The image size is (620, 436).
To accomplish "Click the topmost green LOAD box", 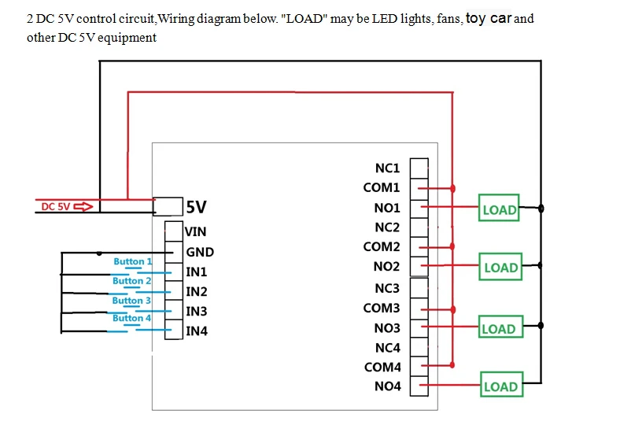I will coord(499,209).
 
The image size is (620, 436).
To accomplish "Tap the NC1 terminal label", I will coord(387,168).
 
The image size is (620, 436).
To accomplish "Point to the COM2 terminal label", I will coord(382,247).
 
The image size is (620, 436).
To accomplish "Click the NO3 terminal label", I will coord(386,327).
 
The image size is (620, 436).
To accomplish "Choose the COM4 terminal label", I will coord(382,367).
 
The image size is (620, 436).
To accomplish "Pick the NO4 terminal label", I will coord(386,386).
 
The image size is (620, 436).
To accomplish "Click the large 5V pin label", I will coord(197,207).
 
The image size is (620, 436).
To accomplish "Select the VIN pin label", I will coord(195,232).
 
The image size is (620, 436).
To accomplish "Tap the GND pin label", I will coord(200,253).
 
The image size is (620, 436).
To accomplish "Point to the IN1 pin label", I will coord(197,272).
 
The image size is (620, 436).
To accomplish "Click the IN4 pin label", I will coord(197,331).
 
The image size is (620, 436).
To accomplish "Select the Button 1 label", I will coord(132,261).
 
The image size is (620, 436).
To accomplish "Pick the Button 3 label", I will coord(131,300).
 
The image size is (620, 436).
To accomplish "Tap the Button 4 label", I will coord(131,318).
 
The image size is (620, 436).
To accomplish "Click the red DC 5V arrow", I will coord(83,207).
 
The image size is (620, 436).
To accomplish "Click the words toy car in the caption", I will coord(488,18).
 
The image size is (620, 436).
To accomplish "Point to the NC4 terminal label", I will coord(387,347).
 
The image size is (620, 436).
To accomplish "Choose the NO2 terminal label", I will coord(386,267).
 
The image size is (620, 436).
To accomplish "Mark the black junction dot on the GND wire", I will coord(100,253).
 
